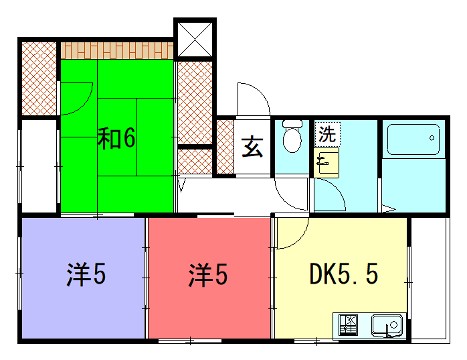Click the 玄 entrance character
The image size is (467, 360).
(252, 147)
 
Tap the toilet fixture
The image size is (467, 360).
(292, 137)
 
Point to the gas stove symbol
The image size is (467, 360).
(351, 325)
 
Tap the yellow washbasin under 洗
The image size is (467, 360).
(327, 160)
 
